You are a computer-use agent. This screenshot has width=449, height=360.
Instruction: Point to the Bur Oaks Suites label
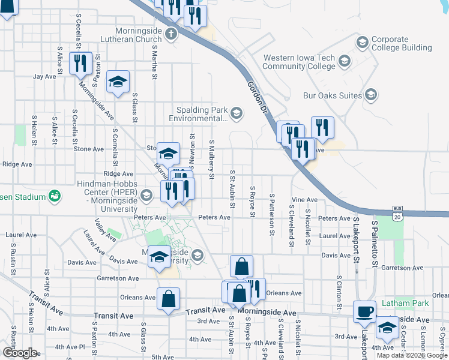pyautogui.click(x=333, y=95)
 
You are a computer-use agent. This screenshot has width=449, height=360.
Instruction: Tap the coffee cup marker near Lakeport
pyautogui.click(x=365, y=311)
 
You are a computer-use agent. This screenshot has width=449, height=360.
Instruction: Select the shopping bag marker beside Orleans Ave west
pyautogui.click(x=169, y=298)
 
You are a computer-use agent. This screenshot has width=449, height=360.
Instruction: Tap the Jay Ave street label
pyautogui.click(x=44, y=76)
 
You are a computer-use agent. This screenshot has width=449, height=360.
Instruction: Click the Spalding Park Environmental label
pyautogui.click(x=200, y=114)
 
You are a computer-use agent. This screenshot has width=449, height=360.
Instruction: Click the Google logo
pyautogui.click(x=19, y=352)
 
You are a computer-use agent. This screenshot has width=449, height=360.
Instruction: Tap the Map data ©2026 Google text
pyautogui.click(x=411, y=355)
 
